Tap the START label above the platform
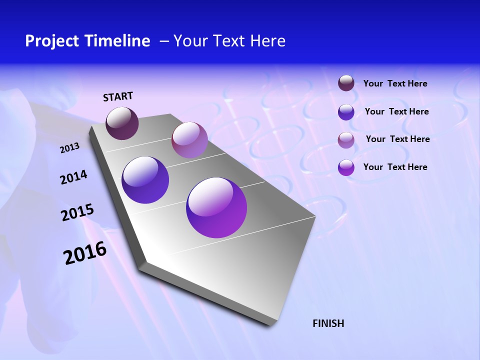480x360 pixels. (x=118, y=96)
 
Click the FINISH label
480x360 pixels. (x=328, y=323)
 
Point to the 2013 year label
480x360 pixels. (x=70, y=148)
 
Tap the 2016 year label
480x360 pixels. (x=85, y=253)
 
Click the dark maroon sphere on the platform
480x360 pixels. (x=122, y=123)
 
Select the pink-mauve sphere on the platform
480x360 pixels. (x=189, y=140)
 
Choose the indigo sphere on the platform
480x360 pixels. (x=145, y=180)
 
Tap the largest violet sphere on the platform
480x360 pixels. (x=216, y=207)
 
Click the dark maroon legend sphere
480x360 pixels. (x=346, y=83)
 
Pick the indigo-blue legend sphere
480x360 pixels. (x=346, y=112)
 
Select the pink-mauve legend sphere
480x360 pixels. (x=346, y=140)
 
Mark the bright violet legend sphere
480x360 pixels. (x=346, y=167)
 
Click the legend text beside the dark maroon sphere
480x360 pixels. (x=395, y=84)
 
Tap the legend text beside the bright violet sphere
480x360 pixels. (x=395, y=167)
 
